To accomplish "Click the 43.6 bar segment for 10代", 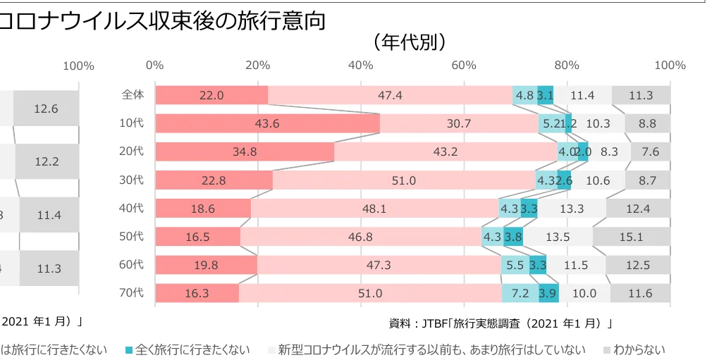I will pyautogui.click(x=267, y=123).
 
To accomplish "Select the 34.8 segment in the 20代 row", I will pyautogui.click(x=244, y=151).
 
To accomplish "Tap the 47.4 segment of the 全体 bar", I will pyautogui.click(x=390, y=95).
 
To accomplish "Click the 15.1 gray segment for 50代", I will pyautogui.click(x=631, y=237).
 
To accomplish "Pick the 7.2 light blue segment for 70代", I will pyautogui.click(x=520, y=294).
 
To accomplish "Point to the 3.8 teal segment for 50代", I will pyautogui.click(x=513, y=237).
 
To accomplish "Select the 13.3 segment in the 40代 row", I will pyautogui.click(x=571, y=209).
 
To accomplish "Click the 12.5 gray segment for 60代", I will pyautogui.click(x=638, y=266).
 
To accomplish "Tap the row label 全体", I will pyautogui.click(x=133, y=94).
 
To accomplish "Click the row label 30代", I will pyautogui.click(x=132, y=180).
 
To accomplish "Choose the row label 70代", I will pyautogui.click(x=132, y=293).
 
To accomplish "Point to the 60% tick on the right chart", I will pyautogui.click(x=463, y=66).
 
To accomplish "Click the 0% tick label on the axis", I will pyautogui.click(x=155, y=66).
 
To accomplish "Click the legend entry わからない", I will pyautogui.click(x=639, y=349).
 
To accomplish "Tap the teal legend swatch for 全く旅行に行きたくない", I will pyautogui.click(x=128, y=350).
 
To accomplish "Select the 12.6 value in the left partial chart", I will pyautogui.click(x=46, y=108).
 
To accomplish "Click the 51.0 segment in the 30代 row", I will pyautogui.click(x=403, y=180).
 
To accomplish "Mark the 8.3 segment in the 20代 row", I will pyautogui.click(x=609, y=151).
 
